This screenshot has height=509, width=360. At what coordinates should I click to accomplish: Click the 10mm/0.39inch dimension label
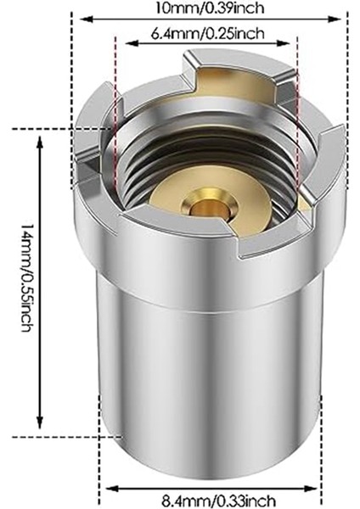209,8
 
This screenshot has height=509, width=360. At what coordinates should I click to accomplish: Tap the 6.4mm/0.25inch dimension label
207,33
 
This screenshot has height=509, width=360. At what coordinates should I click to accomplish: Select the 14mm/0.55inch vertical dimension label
26,278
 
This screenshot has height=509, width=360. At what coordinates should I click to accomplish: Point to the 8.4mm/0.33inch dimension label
218,501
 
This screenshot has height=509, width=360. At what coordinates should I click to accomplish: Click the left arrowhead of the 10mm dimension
86,20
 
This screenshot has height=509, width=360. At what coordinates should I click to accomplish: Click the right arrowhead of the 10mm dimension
335,20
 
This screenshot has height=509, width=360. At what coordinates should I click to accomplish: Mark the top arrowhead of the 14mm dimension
40,143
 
